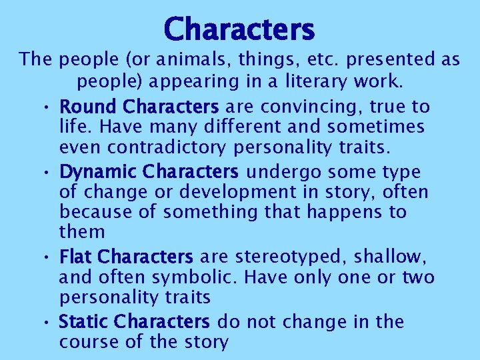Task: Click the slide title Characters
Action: (x=239, y=29)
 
